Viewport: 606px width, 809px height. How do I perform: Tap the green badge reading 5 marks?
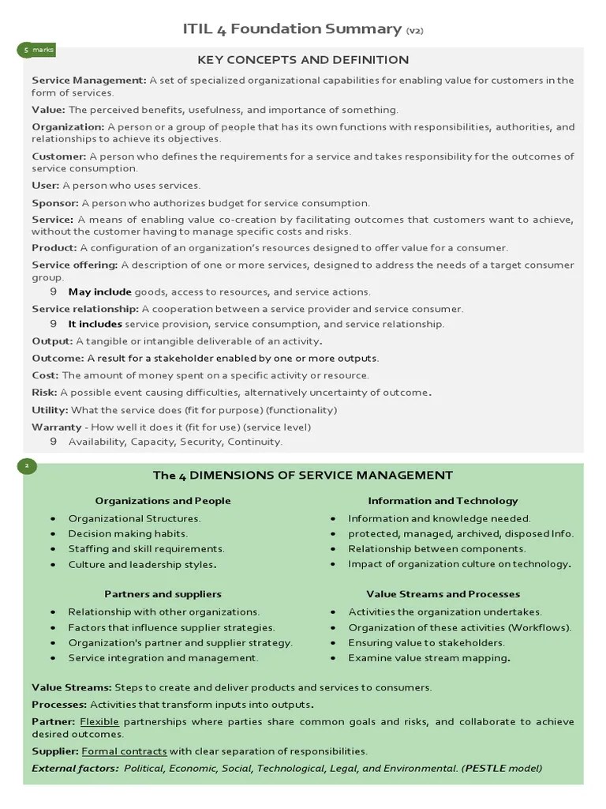[36, 50]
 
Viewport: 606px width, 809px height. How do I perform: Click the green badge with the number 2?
[26, 466]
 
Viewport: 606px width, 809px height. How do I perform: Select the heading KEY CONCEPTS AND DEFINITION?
[303, 60]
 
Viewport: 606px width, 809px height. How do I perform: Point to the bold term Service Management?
[88, 80]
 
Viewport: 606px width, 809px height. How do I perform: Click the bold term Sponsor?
[55, 203]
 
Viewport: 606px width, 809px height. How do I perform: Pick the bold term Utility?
[50, 410]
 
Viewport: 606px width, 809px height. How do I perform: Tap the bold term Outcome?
[57, 358]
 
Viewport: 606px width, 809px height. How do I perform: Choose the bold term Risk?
[44, 393]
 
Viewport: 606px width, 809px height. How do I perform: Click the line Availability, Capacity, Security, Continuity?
[175, 442]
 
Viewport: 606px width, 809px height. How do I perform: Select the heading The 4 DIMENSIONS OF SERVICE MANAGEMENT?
[303, 475]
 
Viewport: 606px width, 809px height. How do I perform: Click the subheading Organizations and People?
[163, 500]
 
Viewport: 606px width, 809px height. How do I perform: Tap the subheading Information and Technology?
[443, 500]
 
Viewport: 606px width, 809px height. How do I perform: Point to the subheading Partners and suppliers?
[163, 593]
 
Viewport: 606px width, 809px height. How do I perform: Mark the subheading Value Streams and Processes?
[443, 593]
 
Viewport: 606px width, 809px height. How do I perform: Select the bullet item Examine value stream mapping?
[428, 657]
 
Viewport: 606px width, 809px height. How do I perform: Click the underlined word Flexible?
[99, 721]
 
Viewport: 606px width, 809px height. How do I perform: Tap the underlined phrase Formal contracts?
[124, 751]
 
